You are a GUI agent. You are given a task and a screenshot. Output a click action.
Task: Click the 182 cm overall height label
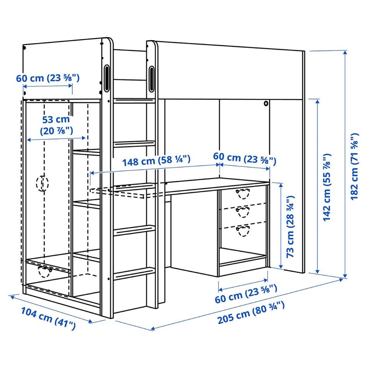pos(354,166)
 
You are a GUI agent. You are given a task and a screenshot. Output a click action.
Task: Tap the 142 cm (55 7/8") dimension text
pos(327,187)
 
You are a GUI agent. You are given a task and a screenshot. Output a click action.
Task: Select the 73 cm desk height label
pos(291,227)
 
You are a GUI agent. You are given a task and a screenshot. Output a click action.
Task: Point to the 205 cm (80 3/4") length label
pos(251,313)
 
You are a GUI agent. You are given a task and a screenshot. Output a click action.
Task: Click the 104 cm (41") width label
pos(48,318)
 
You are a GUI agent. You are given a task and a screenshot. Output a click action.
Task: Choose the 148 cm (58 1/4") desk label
pos(156,160)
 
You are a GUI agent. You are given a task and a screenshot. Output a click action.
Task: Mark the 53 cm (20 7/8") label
pos(56,125)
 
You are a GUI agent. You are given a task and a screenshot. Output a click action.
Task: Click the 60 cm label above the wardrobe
pos(48,78)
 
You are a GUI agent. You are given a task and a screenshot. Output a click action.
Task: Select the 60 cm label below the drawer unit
pos(246,294)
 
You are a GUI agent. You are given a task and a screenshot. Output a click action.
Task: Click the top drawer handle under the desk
pos(243,193)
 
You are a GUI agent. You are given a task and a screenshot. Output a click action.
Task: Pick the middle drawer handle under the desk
pos(243,212)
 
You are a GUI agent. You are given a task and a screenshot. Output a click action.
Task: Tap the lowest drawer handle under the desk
pos(243,231)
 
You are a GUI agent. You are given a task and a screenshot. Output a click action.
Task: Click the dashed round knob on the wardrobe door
pos(42,183)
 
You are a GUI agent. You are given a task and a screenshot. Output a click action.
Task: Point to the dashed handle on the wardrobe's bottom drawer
pos(45,272)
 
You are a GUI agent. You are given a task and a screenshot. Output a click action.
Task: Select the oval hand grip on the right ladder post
pos(151,79)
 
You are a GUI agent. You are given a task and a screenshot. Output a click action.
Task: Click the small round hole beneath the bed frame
pos(266,103)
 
